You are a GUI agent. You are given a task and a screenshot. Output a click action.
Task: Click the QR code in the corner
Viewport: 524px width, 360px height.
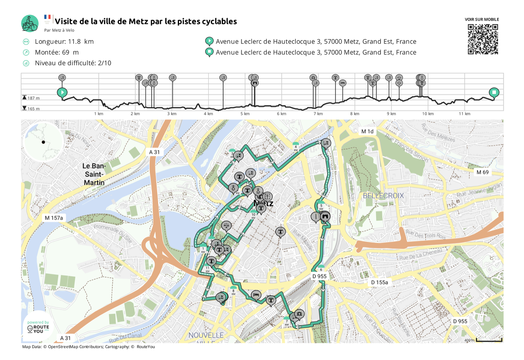(x=483, y=39)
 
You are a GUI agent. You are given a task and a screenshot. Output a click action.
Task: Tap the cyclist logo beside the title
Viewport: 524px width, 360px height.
(x=30, y=23)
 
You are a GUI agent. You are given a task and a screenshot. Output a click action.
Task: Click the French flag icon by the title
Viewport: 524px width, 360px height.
(x=47, y=17)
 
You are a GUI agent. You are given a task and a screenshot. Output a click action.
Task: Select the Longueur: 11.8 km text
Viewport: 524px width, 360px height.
(x=64, y=41)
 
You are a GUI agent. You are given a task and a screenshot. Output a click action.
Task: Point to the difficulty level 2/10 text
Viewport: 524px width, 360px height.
(x=73, y=63)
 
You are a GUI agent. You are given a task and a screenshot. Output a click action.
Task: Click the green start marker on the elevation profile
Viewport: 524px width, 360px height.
(x=62, y=93)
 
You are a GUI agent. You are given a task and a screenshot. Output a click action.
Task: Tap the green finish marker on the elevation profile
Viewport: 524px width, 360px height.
(x=494, y=93)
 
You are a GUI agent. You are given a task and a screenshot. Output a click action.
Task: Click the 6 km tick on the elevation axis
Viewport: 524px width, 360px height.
(x=281, y=114)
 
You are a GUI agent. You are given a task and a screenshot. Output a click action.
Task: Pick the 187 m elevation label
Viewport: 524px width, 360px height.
(x=33, y=98)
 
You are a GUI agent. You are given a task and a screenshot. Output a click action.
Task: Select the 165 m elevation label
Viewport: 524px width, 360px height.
(x=33, y=109)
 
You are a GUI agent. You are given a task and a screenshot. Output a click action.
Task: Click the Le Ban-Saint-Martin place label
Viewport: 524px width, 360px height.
(x=94, y=174)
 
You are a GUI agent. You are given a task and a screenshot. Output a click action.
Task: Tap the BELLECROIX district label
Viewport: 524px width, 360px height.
(x=383, y=196)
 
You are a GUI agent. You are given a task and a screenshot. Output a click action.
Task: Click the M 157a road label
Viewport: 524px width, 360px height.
(x=54, y=218)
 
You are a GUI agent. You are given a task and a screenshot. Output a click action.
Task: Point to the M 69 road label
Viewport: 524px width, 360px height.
(x=482, y=172)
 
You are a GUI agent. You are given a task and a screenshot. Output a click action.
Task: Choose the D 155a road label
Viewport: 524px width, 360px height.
(x=380, y=282)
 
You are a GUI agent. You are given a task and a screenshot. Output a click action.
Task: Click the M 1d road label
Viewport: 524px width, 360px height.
(x=367, y=131)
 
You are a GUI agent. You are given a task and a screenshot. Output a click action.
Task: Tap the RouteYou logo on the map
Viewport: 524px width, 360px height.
(x=38, y=328)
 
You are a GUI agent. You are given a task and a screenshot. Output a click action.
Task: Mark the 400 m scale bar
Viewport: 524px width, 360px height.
(x=489, y=340)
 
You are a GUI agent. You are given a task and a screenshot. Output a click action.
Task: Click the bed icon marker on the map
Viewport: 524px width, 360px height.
(x=256, y=295)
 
